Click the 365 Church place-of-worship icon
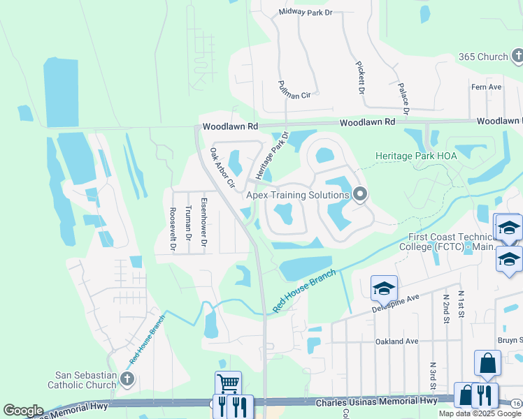(x=517, y=55)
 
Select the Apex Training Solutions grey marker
(x=360, y=194)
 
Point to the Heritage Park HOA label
(x=415, y=156)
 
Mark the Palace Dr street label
(x=403, y=98)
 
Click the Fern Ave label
(x=487, y=87)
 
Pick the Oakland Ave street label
(x=396, y=341)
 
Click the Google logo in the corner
(x=23, y=411)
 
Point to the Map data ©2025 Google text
(x=480, y=413)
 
